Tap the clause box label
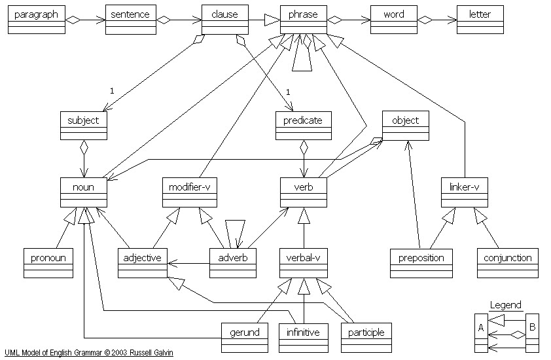(x=225, y=14)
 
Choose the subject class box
(x=83, y=126)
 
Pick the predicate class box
(x=303, y=126)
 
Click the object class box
(x=406, y=126)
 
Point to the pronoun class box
(x=48, y=263)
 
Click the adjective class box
(x=143, y=263)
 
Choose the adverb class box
(x=233, y=263)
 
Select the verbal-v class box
(x=303, y=263)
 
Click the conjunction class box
(x=508, y=263)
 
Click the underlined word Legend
(x=506, y=305)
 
